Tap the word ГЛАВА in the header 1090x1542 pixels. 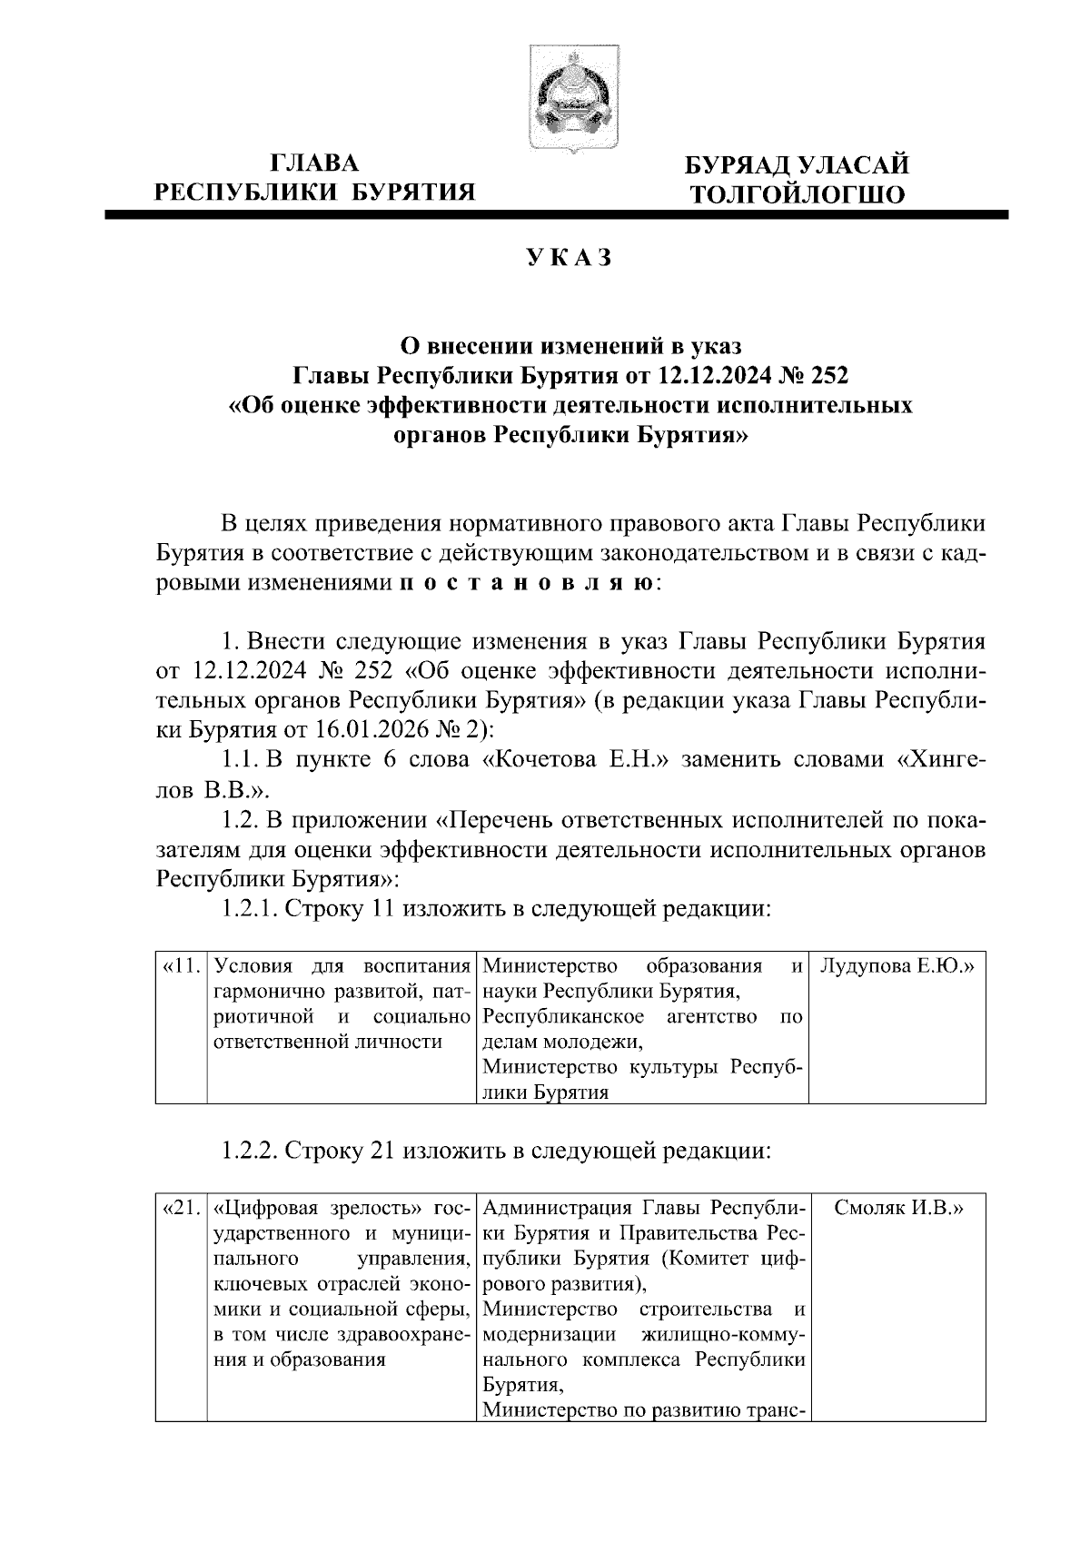click(315, 163)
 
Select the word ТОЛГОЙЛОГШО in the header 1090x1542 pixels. click(797, 194)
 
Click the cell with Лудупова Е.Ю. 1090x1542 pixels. click(897, 965)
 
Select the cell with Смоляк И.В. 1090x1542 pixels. click(897, 1209)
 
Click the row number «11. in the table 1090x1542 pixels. click(181, 965)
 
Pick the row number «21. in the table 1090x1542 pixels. click(181, 1209)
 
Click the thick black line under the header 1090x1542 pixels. click(556, 216)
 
